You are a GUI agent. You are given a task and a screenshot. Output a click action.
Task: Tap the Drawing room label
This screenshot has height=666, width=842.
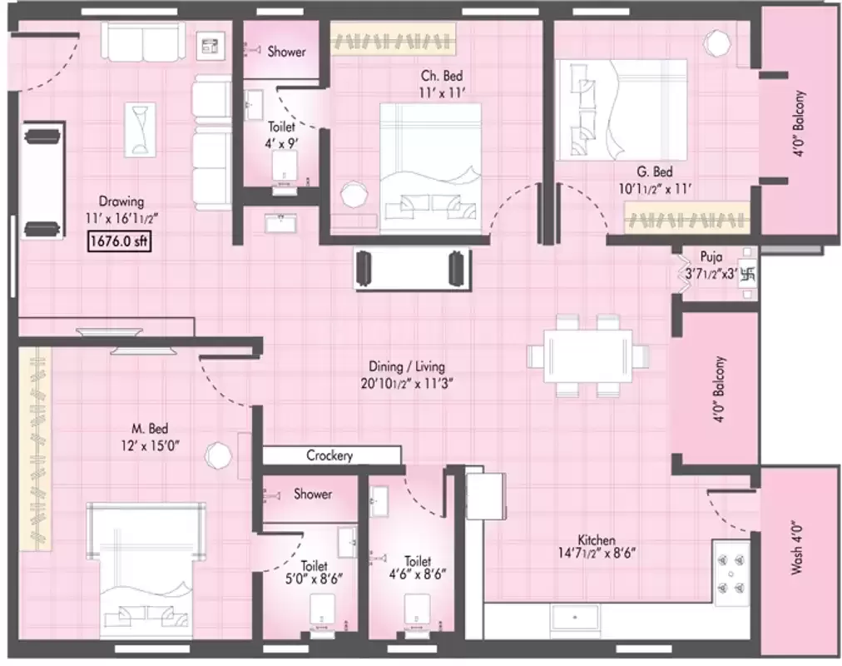coord(121,201)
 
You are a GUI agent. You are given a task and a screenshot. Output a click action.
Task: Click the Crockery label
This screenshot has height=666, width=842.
coord(329,456)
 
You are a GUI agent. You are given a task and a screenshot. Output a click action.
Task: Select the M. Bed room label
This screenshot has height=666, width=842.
coord(151,430)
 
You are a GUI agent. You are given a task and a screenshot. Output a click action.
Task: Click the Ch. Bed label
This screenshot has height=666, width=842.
coord(441,76)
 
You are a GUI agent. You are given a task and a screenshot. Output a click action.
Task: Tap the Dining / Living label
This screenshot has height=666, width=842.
coord(408,366)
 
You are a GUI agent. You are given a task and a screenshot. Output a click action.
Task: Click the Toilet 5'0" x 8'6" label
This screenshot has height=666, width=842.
coord(315,573)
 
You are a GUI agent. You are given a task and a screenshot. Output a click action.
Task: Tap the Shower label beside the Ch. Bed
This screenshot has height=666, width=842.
coord(286,52)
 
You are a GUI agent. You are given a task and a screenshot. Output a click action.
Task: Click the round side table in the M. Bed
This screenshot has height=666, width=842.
coord(219,454)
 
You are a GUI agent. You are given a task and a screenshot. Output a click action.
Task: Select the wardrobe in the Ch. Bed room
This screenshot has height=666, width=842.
coord(396,38)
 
